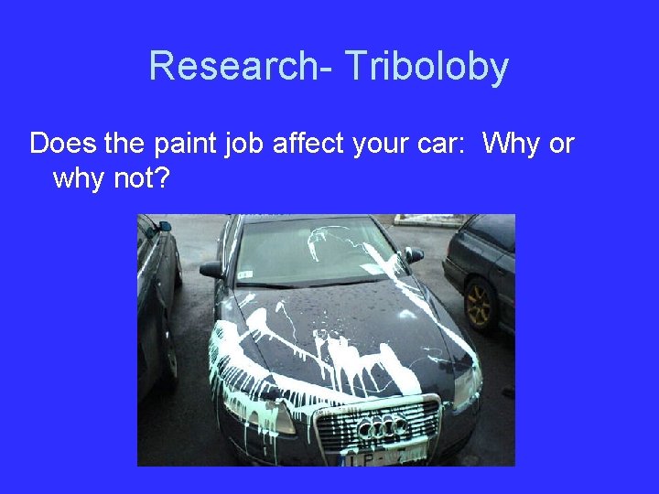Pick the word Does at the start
58,145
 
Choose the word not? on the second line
138,178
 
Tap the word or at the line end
560,145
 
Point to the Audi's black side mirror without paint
211,270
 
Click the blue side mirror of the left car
165,225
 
